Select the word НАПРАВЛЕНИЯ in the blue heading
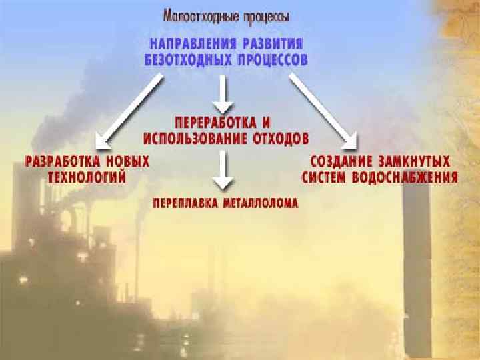point(189,44)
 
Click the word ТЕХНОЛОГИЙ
point(87,177)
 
